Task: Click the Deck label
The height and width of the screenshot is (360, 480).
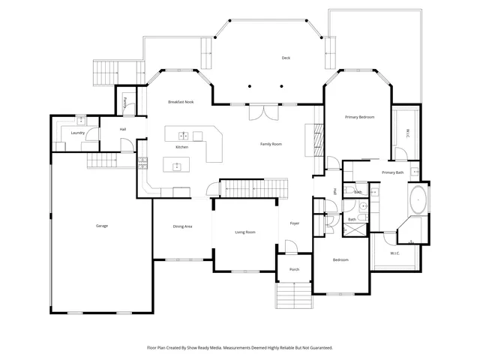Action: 286,58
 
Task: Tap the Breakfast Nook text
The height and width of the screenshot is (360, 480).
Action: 181,101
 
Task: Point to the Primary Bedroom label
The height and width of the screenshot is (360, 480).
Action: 359,117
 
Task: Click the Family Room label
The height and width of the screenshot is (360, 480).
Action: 271,143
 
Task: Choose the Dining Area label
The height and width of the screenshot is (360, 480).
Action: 183,226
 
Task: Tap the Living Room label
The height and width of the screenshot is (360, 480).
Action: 245,232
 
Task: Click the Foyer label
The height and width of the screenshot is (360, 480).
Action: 295,223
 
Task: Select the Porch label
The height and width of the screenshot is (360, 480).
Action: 295,269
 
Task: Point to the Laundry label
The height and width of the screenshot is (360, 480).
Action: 77,133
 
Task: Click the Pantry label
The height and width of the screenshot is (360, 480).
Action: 125,100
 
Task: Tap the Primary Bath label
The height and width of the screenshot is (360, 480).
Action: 392,172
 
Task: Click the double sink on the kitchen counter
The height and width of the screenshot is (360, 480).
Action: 182,136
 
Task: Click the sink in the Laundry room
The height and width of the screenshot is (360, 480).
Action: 80,119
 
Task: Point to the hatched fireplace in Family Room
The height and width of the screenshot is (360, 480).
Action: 317,139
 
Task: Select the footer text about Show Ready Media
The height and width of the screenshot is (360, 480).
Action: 239,348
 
